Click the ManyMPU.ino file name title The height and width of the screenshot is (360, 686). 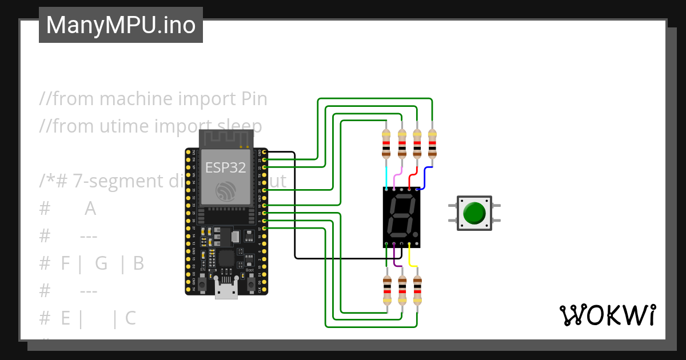[121, 25]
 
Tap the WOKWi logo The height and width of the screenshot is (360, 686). [607, 315]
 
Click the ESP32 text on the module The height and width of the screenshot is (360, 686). [226, 167]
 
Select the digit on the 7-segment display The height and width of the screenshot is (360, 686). [401, 217]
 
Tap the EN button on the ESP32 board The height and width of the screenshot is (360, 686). [203, 281]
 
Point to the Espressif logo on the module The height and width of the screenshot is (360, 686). [226, 191]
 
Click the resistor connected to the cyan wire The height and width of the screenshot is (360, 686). [386, 143]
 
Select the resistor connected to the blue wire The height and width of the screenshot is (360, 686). [432, 143]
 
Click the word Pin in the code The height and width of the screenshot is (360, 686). [251, 99]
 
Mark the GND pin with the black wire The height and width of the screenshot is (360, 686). [264, 152]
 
